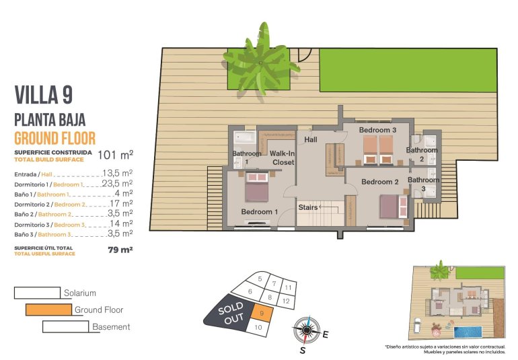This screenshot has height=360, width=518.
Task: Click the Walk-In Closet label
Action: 283,158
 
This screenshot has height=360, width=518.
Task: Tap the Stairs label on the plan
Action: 307,207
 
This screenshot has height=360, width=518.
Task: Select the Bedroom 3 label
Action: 377,130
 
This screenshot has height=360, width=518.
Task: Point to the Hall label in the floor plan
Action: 311,140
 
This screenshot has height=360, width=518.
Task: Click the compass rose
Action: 307,330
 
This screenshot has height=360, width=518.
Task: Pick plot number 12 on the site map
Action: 286,301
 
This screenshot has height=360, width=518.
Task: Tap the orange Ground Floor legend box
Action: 48,310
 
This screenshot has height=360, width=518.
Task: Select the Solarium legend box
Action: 37,293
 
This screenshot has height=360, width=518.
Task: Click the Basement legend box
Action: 65,327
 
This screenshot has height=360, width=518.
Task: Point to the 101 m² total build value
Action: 115,155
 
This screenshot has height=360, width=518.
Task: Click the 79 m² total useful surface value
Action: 120,250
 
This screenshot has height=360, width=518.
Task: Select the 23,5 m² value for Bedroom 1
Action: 116,183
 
